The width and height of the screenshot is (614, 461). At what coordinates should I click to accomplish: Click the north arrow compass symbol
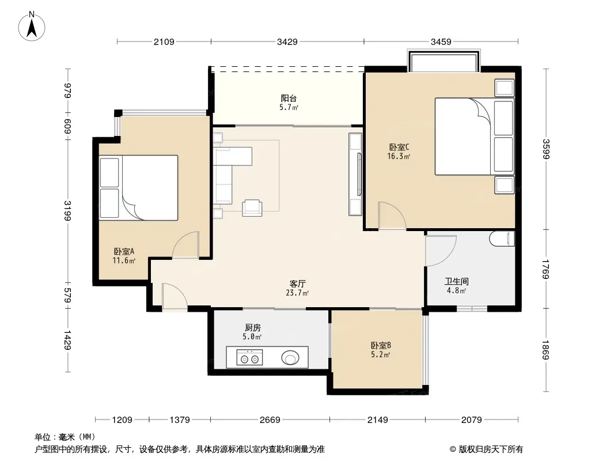32,27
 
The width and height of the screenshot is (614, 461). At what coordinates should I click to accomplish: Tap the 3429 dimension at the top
287,42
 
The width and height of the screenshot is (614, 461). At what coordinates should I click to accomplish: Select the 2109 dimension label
164,42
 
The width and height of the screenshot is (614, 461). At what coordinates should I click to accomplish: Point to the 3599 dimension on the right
546,149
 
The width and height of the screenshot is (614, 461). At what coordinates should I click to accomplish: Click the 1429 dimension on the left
67,340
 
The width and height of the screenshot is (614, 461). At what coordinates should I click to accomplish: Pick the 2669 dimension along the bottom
270,420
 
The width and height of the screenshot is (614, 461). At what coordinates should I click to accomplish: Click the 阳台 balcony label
289,99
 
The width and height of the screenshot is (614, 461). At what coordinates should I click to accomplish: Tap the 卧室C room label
399,148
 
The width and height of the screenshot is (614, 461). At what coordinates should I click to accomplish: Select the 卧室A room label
124,251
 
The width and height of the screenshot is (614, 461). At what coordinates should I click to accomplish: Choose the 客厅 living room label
297,284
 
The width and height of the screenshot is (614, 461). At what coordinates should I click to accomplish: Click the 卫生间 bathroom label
457,281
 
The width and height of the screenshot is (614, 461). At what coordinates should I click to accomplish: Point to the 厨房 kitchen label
253,327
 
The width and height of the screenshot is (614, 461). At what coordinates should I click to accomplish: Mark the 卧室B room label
381,345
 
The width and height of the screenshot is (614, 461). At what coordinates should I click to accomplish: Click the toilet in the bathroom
502,239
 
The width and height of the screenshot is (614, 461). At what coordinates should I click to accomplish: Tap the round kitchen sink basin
290,358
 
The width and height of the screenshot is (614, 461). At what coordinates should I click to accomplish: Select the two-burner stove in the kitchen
249,358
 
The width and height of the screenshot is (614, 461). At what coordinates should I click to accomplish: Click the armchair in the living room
252,208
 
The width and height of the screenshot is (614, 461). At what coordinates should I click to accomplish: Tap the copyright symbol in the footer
453,449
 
